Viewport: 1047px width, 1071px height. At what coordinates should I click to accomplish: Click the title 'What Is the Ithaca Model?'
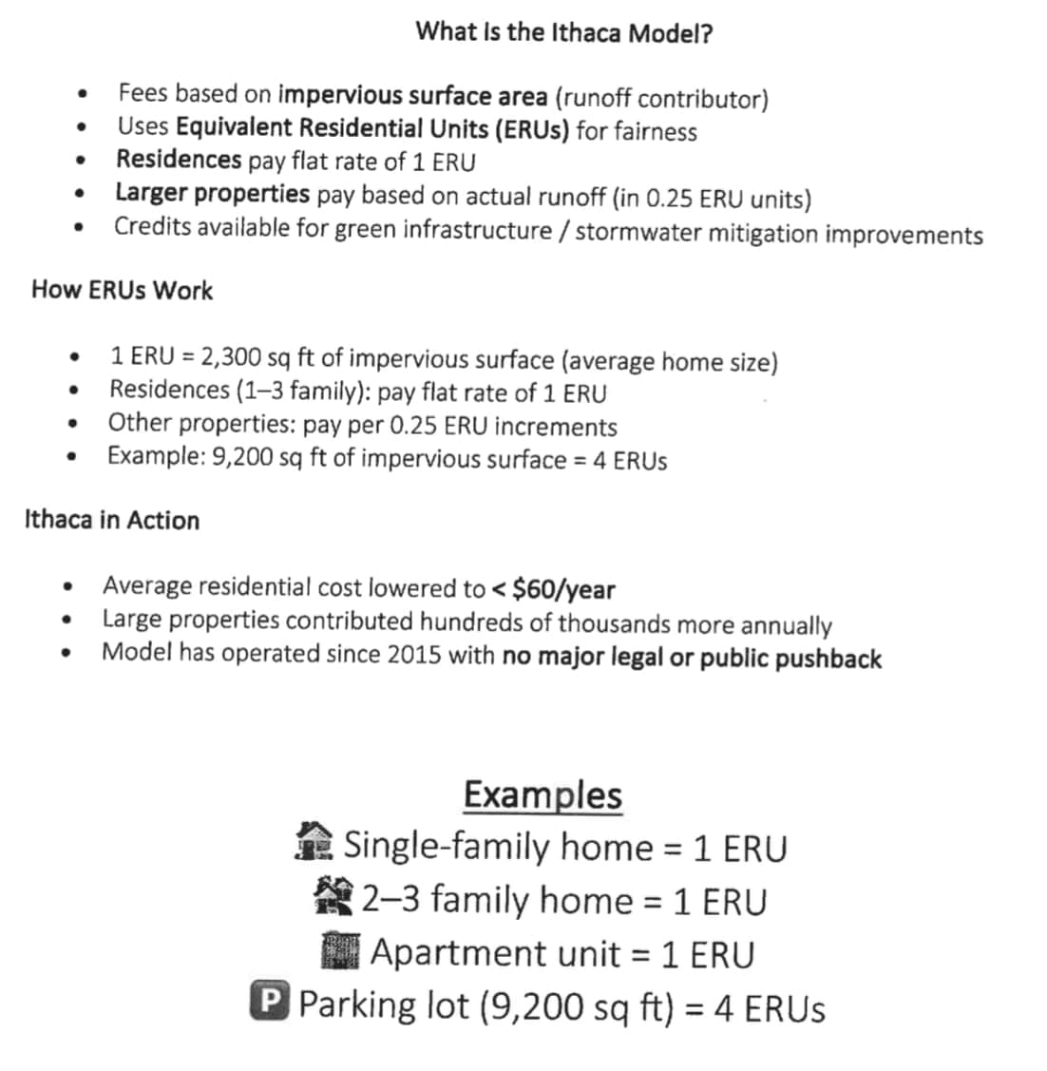pyautogui.click(x=564, y=32)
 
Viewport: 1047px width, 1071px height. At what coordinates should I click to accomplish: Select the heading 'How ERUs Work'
pyautogui.click(x=122, y=290)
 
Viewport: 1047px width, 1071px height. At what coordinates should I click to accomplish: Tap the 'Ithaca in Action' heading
pyautogui.click(x=112, y=520)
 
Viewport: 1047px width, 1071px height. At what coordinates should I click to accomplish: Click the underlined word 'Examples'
pyautogui.click(x=543, y=794)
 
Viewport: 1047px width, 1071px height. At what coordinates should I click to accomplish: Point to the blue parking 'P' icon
pyautogui.click(x=268, y=1003)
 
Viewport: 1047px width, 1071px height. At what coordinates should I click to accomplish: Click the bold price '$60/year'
pyautogui.click(x=562, y=590)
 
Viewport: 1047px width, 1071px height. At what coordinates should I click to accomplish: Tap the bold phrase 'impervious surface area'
pyautogui.click(x=412, y=96)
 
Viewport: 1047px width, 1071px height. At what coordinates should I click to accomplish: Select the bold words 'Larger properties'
pyautogui.click(x=212, y=194)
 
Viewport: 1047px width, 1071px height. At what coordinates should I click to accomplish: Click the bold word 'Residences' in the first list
pyautogui.click(x=179, y=160)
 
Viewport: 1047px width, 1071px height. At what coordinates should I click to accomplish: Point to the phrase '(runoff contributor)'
pyautogui.click(x=661, y=98)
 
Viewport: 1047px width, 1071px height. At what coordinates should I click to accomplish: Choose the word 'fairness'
pyautogui.click(x=655, y=131)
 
